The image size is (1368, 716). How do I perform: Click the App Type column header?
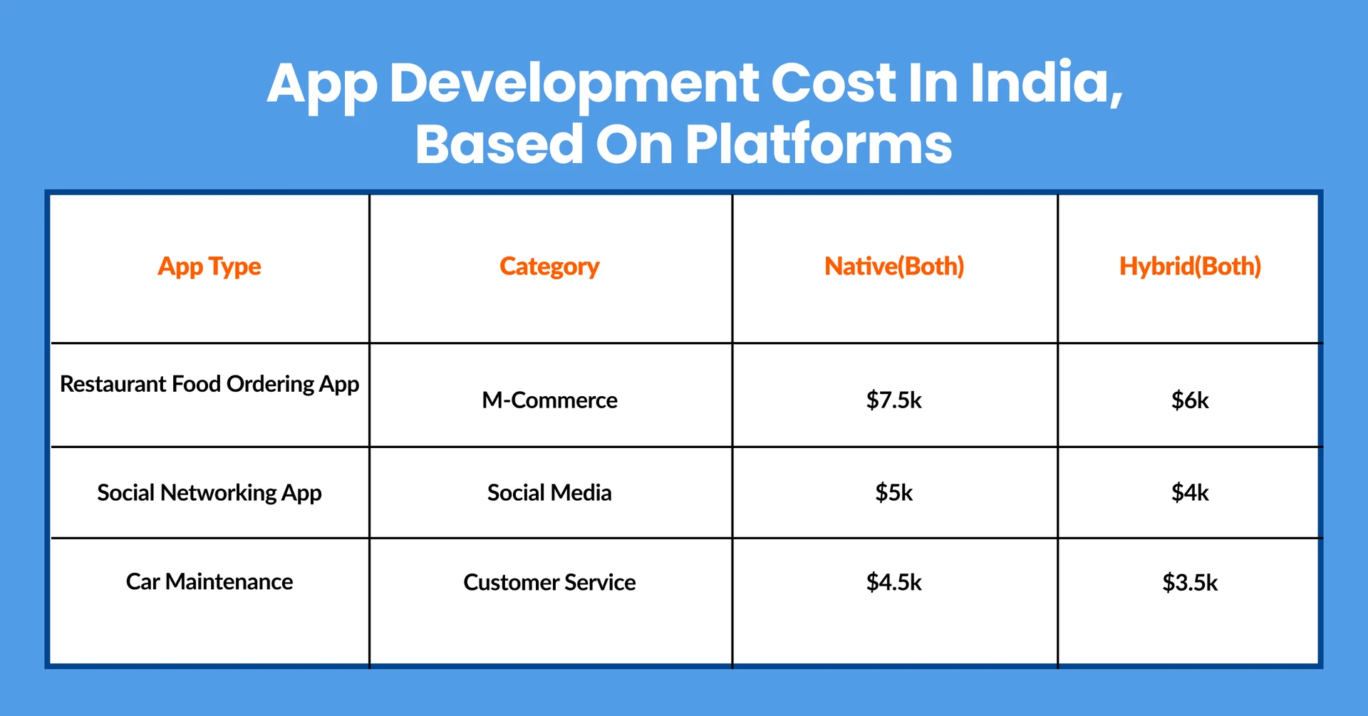[209, 266]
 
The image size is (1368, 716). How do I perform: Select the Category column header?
[549, 266]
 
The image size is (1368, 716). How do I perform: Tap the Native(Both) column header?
[894, 266]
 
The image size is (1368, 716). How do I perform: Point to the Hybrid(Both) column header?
[1190, 266]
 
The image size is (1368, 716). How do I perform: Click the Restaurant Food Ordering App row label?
[209, 384]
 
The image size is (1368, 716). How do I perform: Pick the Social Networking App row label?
[209, 492]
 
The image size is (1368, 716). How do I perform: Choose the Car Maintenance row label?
[209, 581]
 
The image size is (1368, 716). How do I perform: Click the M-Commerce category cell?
[549, 400]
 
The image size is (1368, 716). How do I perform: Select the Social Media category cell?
[549, 492]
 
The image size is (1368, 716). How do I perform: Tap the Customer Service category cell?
[549, 582]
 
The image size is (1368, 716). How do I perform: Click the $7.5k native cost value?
[894, 400]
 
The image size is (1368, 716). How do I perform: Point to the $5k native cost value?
[894, 492]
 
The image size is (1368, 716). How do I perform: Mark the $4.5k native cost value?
[894, 582]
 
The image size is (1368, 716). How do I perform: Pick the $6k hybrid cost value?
[1190, 400]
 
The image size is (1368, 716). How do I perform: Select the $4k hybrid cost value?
[1190, 492]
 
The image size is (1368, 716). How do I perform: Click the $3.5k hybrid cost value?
[1190, 582]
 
